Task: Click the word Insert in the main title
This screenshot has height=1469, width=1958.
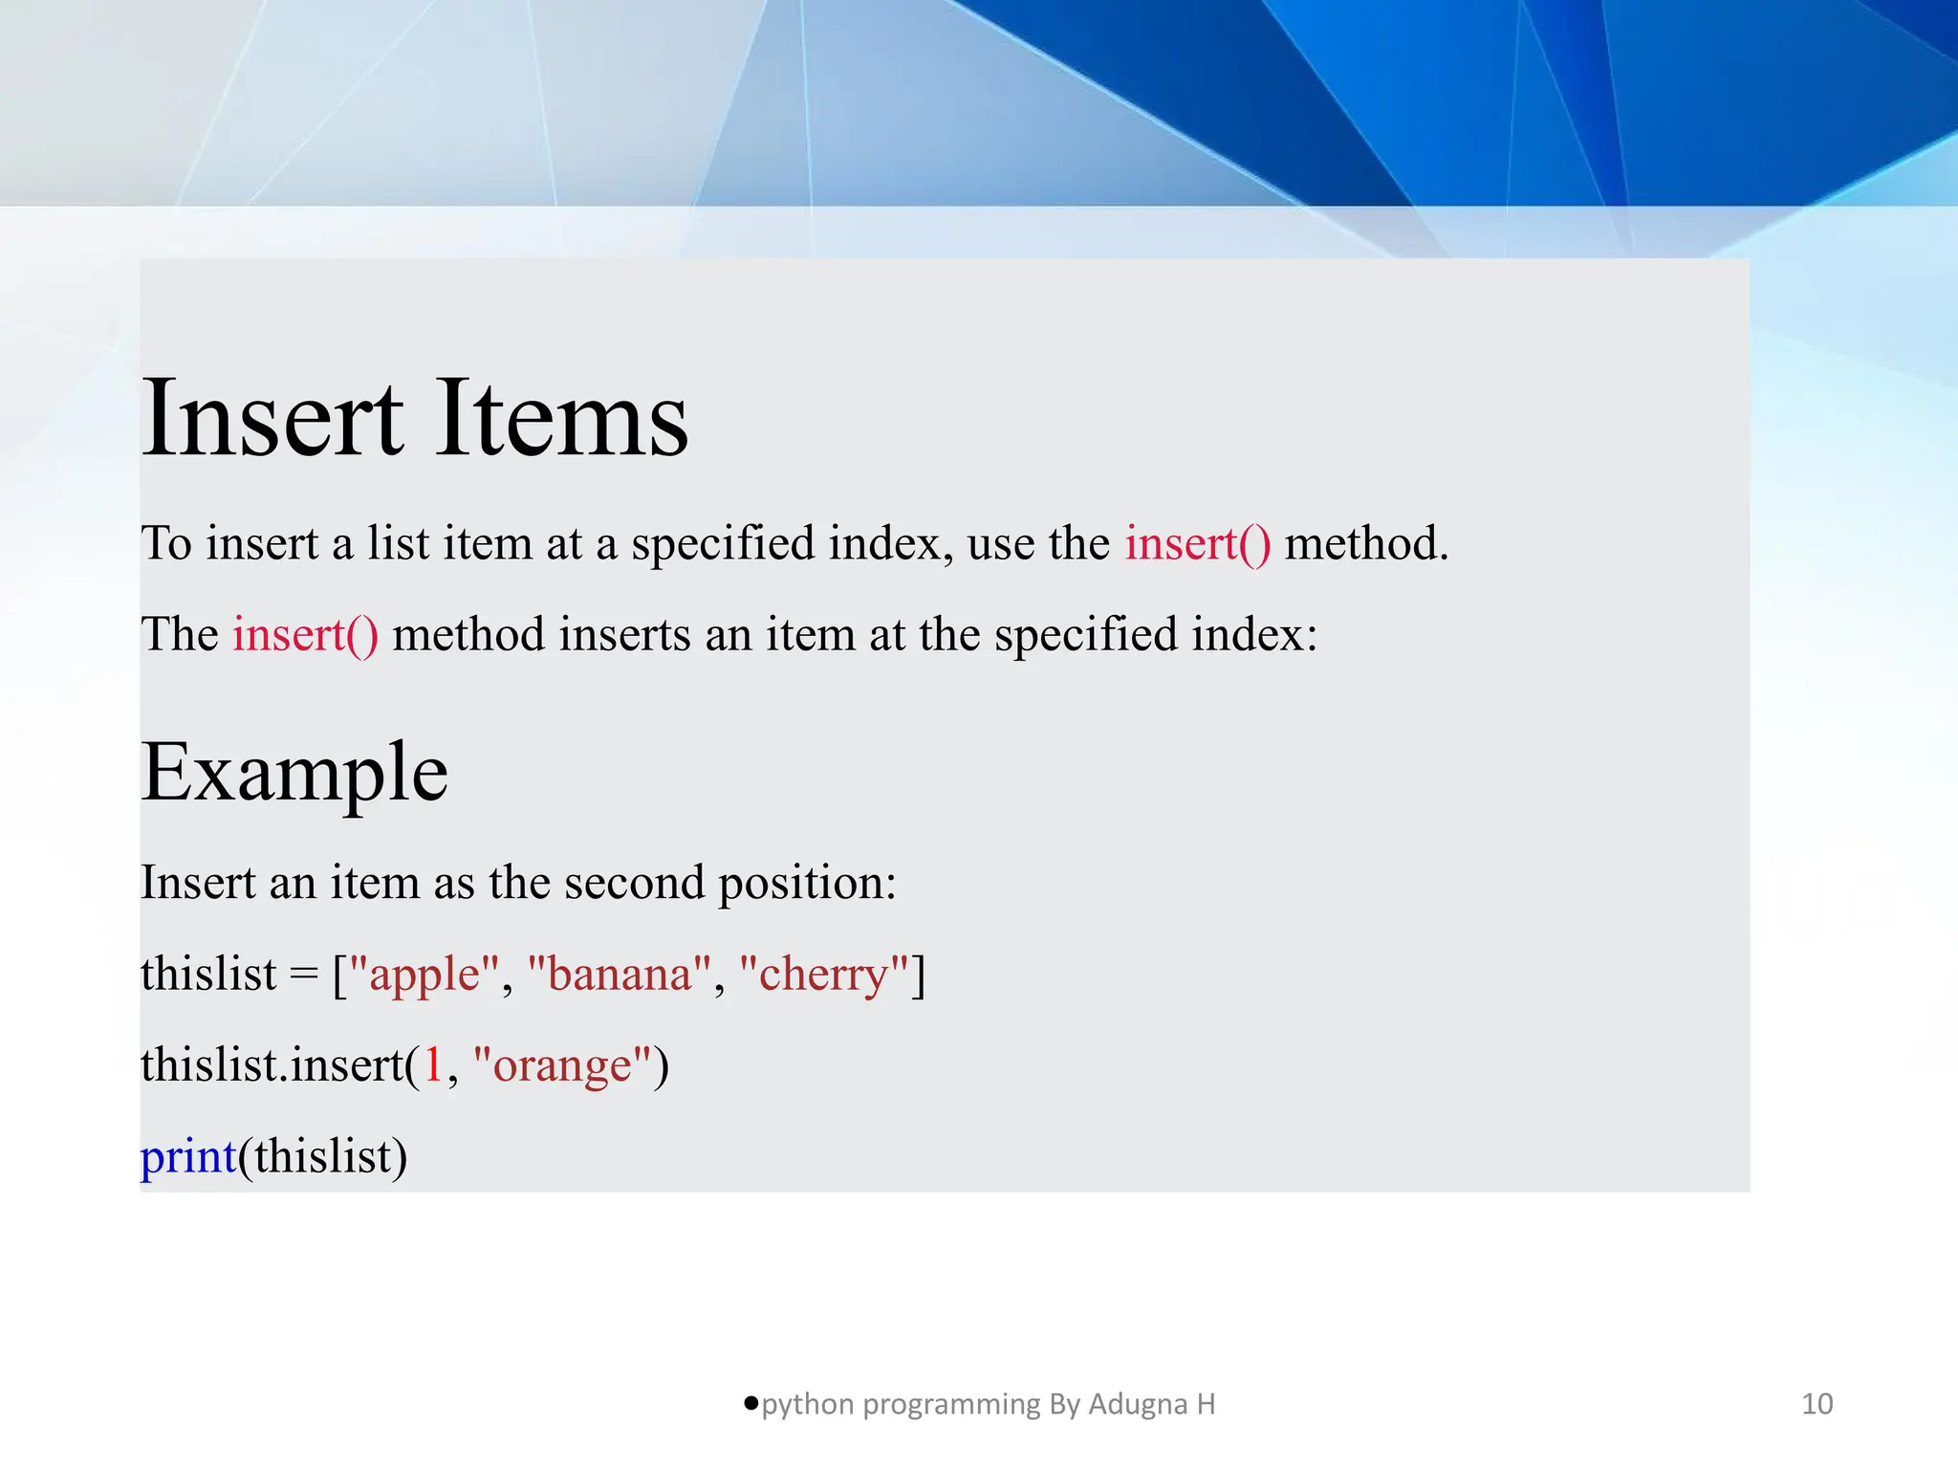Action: tap(272, 419)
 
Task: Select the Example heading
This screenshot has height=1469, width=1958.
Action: tap(294, 773)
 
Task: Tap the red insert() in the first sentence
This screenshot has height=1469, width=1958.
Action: tap(1197, 543)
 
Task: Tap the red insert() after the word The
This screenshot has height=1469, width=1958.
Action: tap(305, 635)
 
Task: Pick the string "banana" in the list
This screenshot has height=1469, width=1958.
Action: tap(620, 975)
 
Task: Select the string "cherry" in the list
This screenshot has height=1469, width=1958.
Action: tap(823, 975)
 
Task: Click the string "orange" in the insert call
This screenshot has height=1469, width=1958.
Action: tap(562, 1065)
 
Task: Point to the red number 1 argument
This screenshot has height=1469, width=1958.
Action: tap(433, 1065)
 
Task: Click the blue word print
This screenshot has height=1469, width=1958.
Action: tap(188, 1156)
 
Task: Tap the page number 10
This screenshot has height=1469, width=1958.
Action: tap(1817, 1404)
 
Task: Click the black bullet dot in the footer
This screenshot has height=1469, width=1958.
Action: tap(751, 1403)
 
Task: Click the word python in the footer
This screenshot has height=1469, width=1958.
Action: tap(807, 1405)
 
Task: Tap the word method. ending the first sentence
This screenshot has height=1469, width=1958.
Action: tap(1366, 543)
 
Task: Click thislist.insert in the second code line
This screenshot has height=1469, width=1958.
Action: tap(272, 1065)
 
